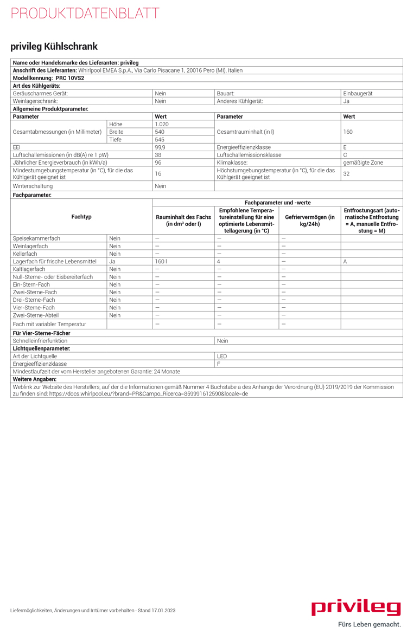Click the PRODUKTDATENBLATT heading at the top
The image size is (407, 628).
tap(85, 14)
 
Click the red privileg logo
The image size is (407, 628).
tap(356, 607)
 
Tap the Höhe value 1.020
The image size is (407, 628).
tap(162, 124)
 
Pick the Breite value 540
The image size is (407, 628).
tap(160, 132)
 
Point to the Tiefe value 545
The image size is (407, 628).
tap(160, 139)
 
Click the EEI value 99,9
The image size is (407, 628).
tap(160, 147)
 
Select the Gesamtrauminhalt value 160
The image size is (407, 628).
tap(348, 132)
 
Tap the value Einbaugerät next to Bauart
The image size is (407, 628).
tap(358, 93)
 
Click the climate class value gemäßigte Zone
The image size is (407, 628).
tap(363, 162)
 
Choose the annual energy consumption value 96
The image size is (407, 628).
tap(158, 162)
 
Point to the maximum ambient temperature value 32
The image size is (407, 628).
tap(346, 173)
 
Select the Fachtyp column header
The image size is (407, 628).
tap(81, 217)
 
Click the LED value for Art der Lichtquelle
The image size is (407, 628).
tap(222, 356)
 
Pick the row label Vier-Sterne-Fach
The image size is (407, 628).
tap(34, 307)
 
